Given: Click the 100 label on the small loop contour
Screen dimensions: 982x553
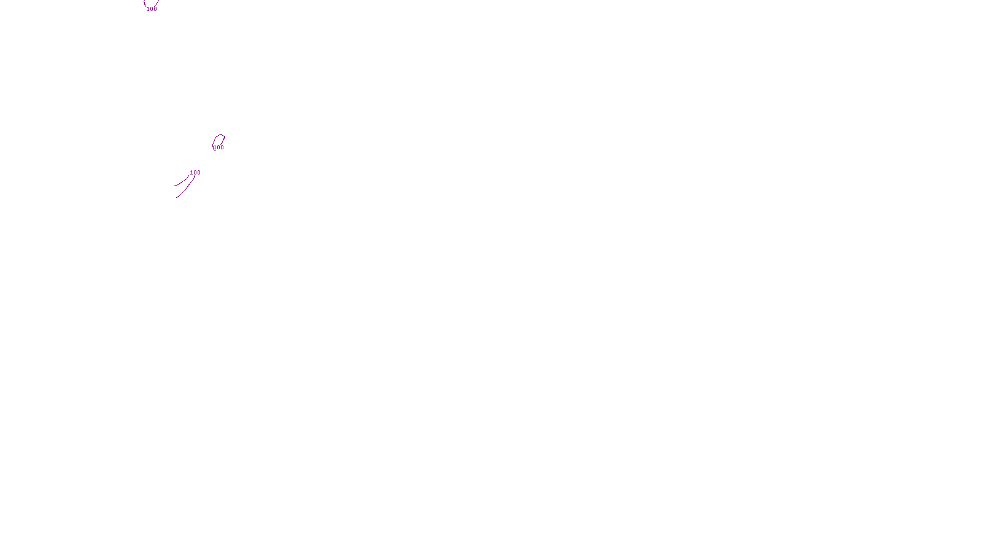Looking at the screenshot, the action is click(x=218, y=147).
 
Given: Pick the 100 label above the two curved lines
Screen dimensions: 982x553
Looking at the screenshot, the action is click(x=195, y=173).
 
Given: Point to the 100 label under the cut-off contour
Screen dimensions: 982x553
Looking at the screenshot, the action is click(x=152, y=9).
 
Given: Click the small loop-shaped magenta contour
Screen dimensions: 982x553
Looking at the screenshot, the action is click(x=214, y=140).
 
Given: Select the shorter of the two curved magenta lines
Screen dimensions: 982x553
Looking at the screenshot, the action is click(x=182, y=182).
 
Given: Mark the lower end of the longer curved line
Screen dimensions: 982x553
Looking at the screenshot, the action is click(x=177, y=197).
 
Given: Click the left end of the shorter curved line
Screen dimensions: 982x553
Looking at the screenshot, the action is click(x=174, y=186).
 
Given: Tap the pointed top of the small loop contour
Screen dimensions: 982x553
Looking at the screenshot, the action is click(x=220, y=135).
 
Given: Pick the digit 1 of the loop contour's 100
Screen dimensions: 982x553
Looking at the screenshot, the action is click(x=215, y=147).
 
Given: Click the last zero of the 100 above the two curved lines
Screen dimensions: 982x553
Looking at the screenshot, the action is click(x=198, y=173).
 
